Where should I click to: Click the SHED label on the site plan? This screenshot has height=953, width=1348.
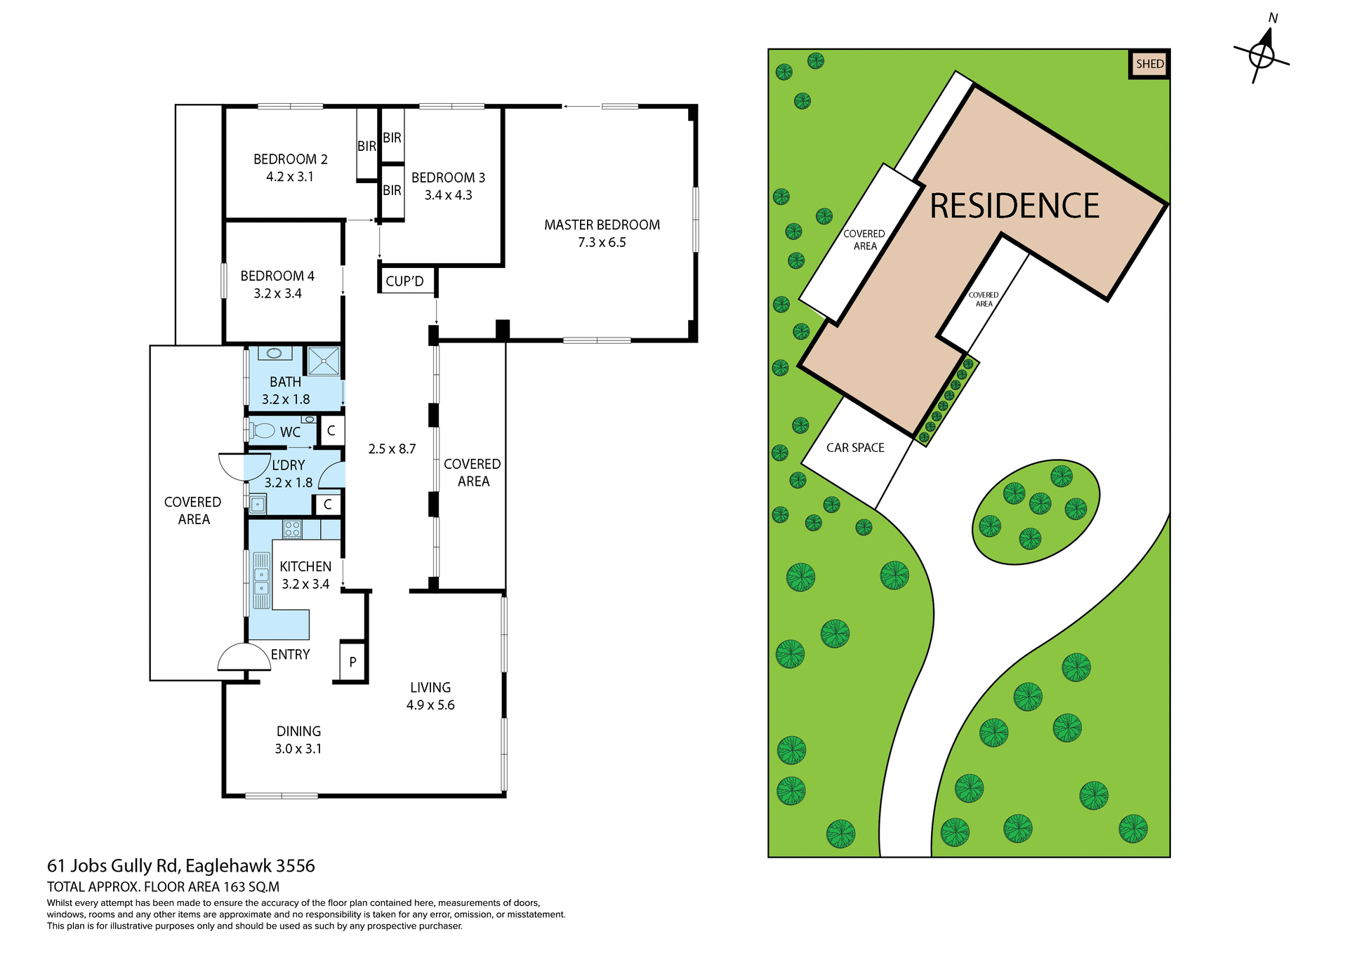(x=1149, y=64)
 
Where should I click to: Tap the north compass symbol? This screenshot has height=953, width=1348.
(x=1262, y=55)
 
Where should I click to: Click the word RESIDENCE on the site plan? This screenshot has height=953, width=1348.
(x=1014, y=206)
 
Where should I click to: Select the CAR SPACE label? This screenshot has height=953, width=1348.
(x=855, y=448)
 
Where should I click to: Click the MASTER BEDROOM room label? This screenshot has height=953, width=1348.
(x=602, y=225)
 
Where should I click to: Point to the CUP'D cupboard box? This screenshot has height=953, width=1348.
(x=406, y=281)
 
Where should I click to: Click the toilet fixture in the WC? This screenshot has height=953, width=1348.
(x=263, y=430)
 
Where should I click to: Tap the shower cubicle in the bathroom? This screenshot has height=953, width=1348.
(x=324, y=361)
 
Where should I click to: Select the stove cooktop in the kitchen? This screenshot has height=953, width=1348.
(x=292, y=529)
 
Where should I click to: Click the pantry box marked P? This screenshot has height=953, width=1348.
(x=352, y=661)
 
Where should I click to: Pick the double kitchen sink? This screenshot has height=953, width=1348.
(x=261, y=580)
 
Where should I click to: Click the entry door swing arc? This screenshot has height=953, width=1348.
(x=243, y=657)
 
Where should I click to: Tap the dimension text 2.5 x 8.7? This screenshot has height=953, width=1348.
(x=392, y=449)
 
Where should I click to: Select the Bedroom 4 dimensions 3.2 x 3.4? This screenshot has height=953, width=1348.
(x=277, y=294)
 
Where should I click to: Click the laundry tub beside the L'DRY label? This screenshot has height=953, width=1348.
(x=258, y=503)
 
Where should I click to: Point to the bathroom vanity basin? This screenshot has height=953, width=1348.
(x=275, y=353)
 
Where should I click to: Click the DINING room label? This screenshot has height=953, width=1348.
(x=298, y=731)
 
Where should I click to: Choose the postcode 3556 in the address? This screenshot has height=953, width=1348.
(x=295, y=866)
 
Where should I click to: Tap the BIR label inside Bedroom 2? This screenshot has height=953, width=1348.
(x=366, y=146)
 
